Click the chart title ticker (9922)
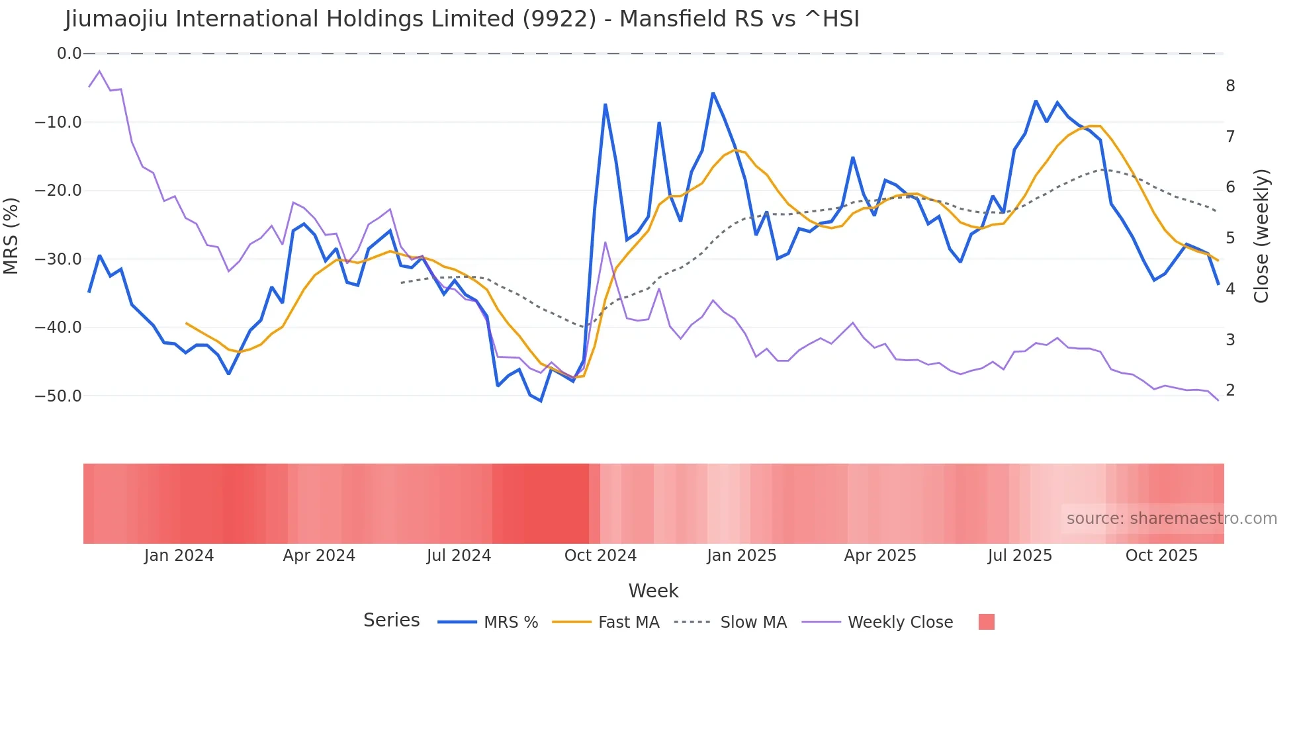coord(559,19)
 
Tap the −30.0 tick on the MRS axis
coord(58,259)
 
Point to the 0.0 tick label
coord(69,54)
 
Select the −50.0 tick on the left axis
coord(58,396)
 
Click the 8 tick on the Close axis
coord(1230,86)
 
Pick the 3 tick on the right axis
coord(1230,340)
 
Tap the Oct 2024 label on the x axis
coord(600,556)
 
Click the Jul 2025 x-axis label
coord(1020,556)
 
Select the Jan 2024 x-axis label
coord(179,556)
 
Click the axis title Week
coord(653,591)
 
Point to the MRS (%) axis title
coord(11,236)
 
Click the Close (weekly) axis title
coord(1262,236)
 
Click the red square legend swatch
coord(986,622)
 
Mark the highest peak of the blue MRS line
coord(713,93)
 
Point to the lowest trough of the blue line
coord(541,401)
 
